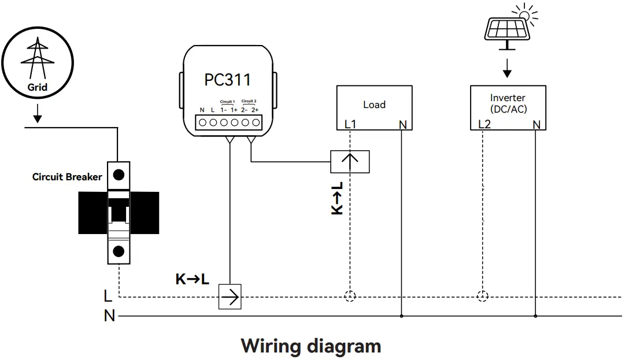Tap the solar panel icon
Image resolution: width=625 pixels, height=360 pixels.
pyautogui.click(x=506, y=28)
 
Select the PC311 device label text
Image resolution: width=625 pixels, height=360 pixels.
pyautogui.click(x=227, y=79)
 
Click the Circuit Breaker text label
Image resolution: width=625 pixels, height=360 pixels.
pyautogui.click(x=67, y=177)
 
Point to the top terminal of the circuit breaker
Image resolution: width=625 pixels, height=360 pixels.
pyautogui.click(x=119, y=174)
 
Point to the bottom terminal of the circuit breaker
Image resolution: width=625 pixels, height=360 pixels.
pyautogui.click(x=119, y=251)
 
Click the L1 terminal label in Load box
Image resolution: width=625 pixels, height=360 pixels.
pyautogui.click(x=350, y=124)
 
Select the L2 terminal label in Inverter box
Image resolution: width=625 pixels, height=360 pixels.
pyautogui.click(x=484, y=124)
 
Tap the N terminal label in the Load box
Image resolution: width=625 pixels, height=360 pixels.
pyautogui.click(x=402, y=124)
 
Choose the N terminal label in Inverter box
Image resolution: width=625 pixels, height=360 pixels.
pyautogui.click(x=536, y=124)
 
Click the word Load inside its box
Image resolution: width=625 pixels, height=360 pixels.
pyautogui.click(x=374, y=105)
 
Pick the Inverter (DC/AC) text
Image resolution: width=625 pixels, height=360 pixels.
pyautogui.click(x=508, y=103)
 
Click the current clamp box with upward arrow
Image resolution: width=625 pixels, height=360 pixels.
pyautogui.click(x=350, y=161)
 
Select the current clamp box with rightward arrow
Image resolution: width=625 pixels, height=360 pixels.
pyautogui.click(x=230, y=298)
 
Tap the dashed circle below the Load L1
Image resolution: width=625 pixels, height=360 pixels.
pyautogui.click(x=350, y=297)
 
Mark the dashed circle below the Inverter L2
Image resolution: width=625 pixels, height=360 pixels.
pyautogui.click(x=482, y=297)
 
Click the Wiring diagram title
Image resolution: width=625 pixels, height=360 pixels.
pyautogui.click(x=311, y=346)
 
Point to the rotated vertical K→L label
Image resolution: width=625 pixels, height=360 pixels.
pyautogui.click(x=337, y=198)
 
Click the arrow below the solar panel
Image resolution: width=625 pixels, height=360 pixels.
pyautogui.click(x=507, y=68)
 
